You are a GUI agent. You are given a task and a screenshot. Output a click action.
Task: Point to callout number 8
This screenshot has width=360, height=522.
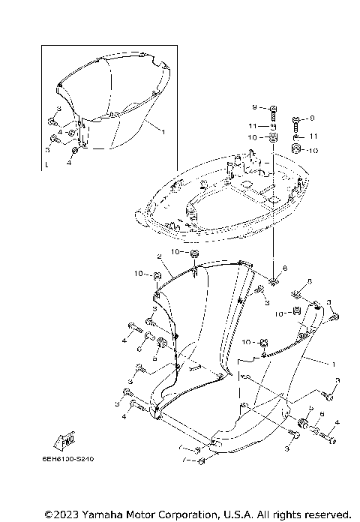pyautogui.click(x=284, y=268)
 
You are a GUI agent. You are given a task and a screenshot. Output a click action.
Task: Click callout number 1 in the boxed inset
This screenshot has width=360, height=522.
pyautogui.click(x=163, y=131)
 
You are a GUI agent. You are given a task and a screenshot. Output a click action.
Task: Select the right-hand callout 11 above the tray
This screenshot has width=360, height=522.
pyautogui.click(x=315, y=136)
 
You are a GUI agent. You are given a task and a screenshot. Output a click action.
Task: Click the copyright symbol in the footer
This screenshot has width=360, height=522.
pyautogui.click(x=49, y=514)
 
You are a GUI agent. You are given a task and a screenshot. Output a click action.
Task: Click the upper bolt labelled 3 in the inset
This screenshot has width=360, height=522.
pyautogui.click(x=52, y=121)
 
